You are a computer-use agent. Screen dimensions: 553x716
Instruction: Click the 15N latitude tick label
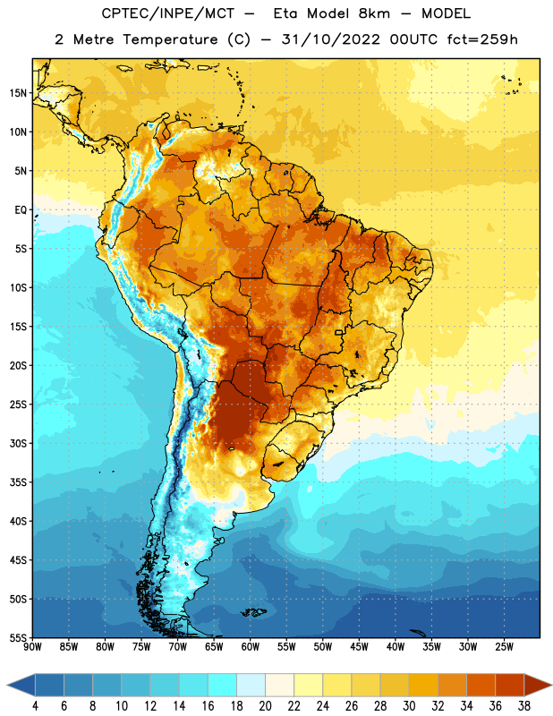[17, 93]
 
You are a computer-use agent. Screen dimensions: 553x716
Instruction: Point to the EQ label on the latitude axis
[21, 210]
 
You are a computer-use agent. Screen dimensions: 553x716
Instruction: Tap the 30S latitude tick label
[18, 443]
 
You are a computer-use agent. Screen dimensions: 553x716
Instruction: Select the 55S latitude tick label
[18, 637]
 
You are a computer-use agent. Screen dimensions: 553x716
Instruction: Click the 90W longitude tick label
[32, 646]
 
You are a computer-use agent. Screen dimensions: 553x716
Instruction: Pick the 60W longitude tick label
[251, 646]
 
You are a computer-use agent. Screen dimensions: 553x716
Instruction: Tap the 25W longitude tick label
[504, 646]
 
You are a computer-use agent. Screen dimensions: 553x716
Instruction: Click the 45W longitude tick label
[359, 646]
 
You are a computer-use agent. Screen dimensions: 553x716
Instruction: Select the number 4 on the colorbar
[35, 706]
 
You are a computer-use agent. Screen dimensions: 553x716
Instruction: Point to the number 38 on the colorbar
[523, 706]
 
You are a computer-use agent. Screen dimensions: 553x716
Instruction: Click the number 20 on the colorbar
[265, 706]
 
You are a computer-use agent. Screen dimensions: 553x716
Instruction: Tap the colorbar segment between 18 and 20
[251, 686]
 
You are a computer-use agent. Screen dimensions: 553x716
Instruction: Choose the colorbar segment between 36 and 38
[510, 686]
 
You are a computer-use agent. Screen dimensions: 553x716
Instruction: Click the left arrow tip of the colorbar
[7, 686]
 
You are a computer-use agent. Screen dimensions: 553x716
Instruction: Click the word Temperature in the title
[170, 39]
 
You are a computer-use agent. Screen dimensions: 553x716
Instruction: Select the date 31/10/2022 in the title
[330, 39]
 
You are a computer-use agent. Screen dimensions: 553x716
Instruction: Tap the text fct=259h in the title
[482, 39]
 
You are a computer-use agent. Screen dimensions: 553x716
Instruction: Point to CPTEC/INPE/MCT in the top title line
[167, 13]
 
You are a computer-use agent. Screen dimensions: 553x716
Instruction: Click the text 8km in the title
[374, 13]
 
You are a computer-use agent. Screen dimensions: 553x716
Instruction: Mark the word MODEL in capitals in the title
[446, 13]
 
